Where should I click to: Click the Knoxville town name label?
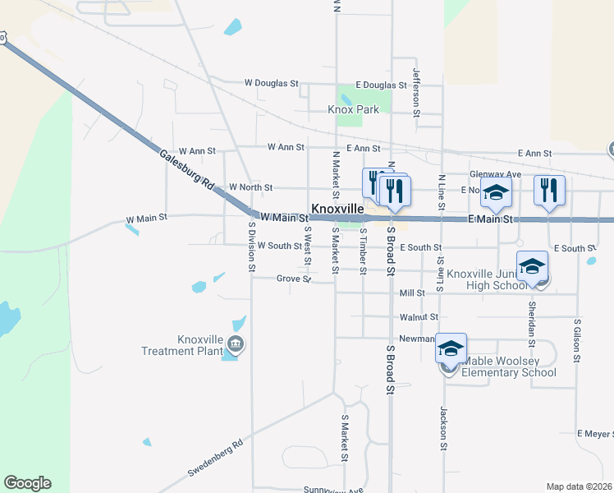pyautogui.click(x=337, y=210)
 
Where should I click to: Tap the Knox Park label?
pyautogui.click(x=354, y=108)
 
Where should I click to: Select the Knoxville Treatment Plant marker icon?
pyautogui.click(x=236, y=343)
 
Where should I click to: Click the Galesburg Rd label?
pyautogui.click(x=186, y=171)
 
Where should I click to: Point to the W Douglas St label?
pyautogui.click(x=271, y=84)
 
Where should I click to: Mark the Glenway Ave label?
pyautogui.click(x=495, y=174)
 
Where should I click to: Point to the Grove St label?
pyautogui.click(x=293, y=279)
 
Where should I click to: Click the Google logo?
pyautogui.click(x=27, y=483)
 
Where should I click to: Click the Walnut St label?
pyautogui.click(x=419, y=316)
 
